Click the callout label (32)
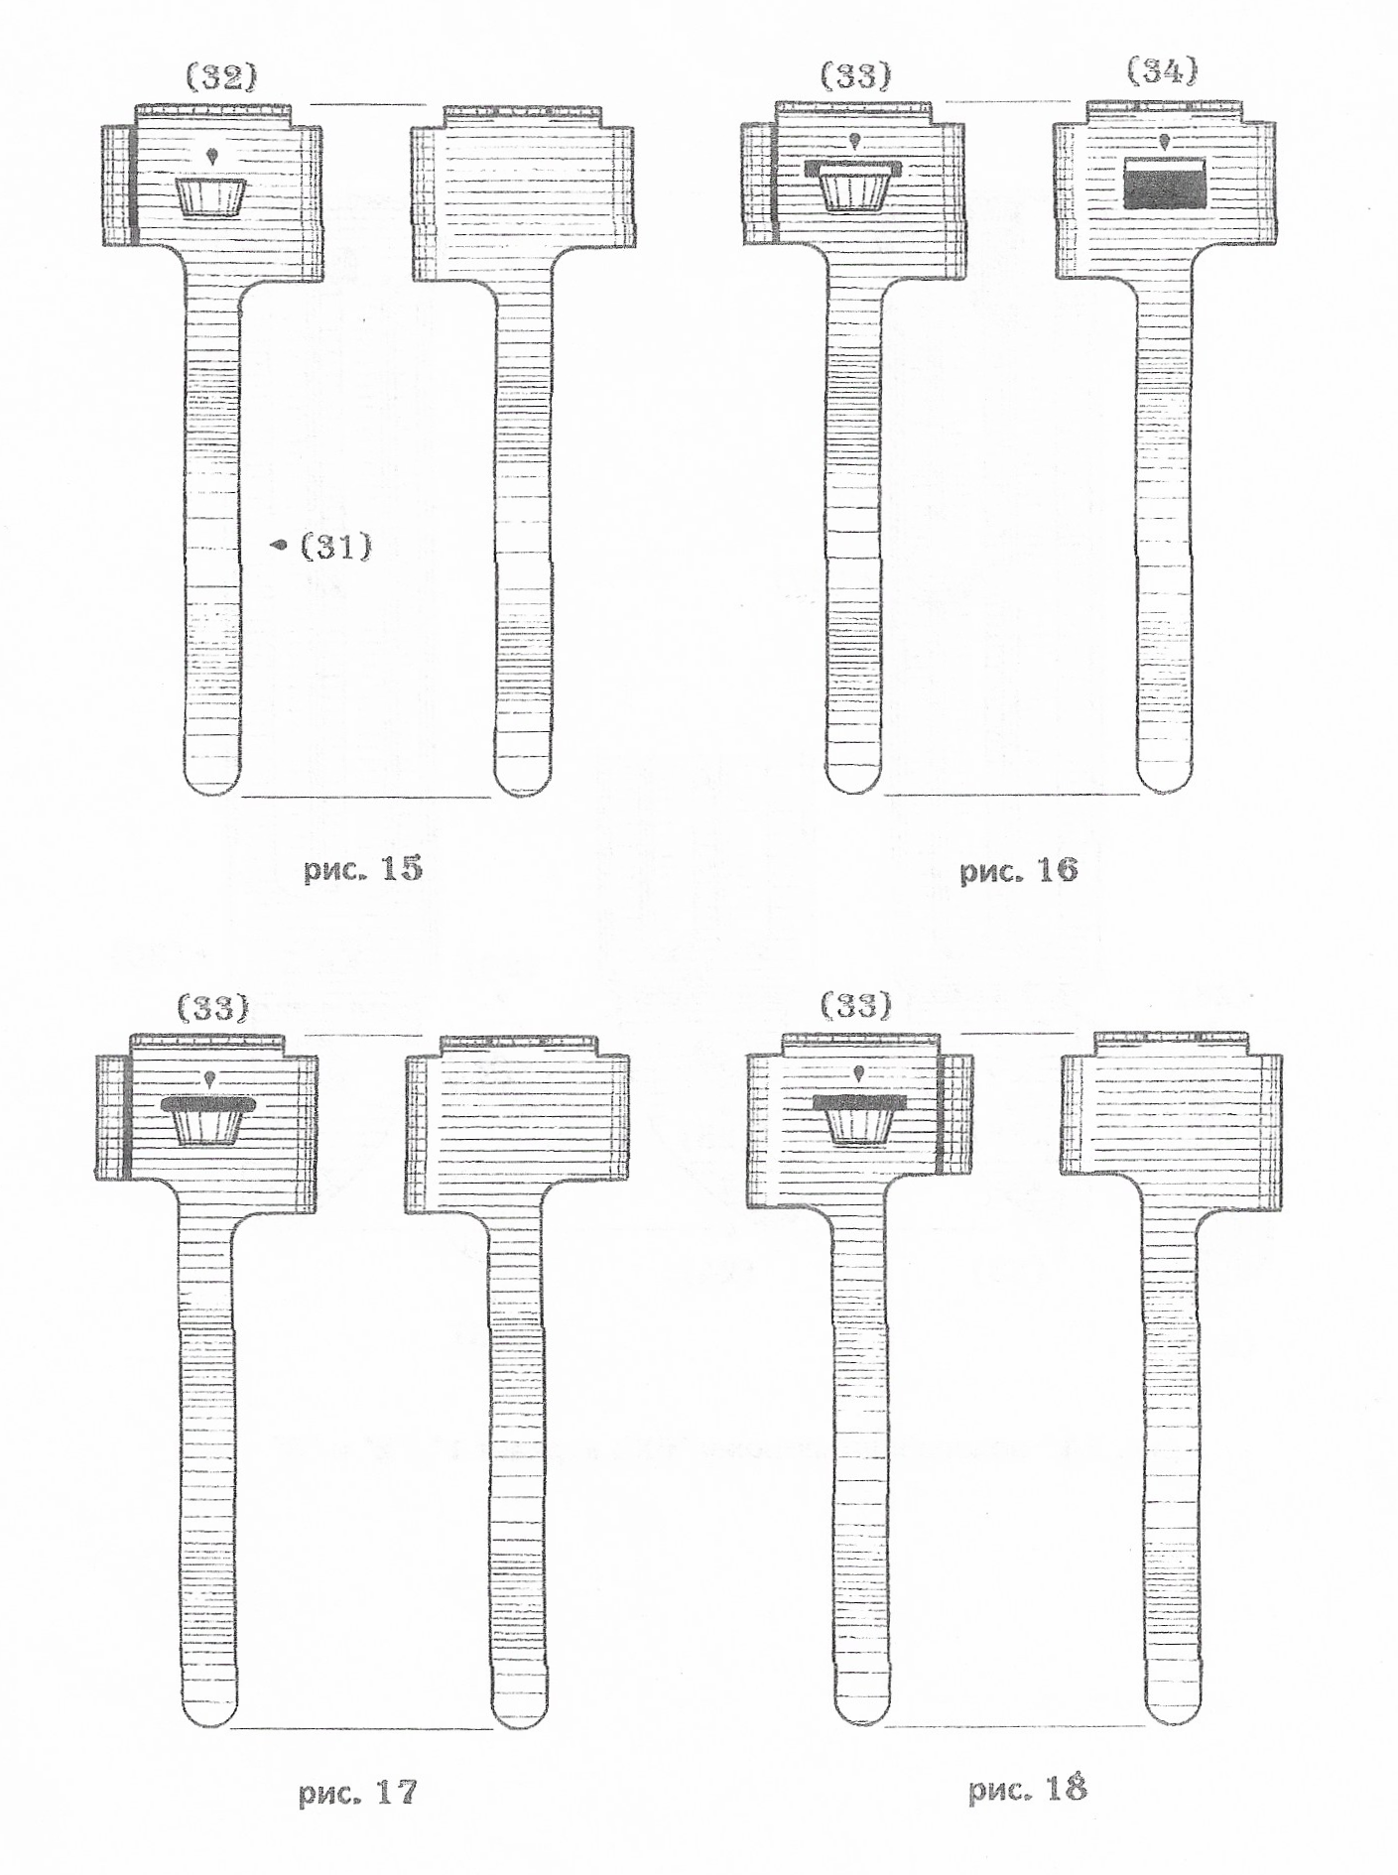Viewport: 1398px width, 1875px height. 222,77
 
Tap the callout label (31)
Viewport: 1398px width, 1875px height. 336,545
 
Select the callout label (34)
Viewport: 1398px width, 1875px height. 1163,71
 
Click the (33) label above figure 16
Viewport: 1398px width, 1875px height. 856,75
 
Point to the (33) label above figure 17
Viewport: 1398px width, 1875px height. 213,1008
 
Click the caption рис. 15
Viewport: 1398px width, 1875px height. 364,870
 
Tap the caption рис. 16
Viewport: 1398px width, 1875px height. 1018,871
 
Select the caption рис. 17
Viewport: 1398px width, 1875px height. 358,1793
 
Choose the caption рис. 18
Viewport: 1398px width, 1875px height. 1028,1789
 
